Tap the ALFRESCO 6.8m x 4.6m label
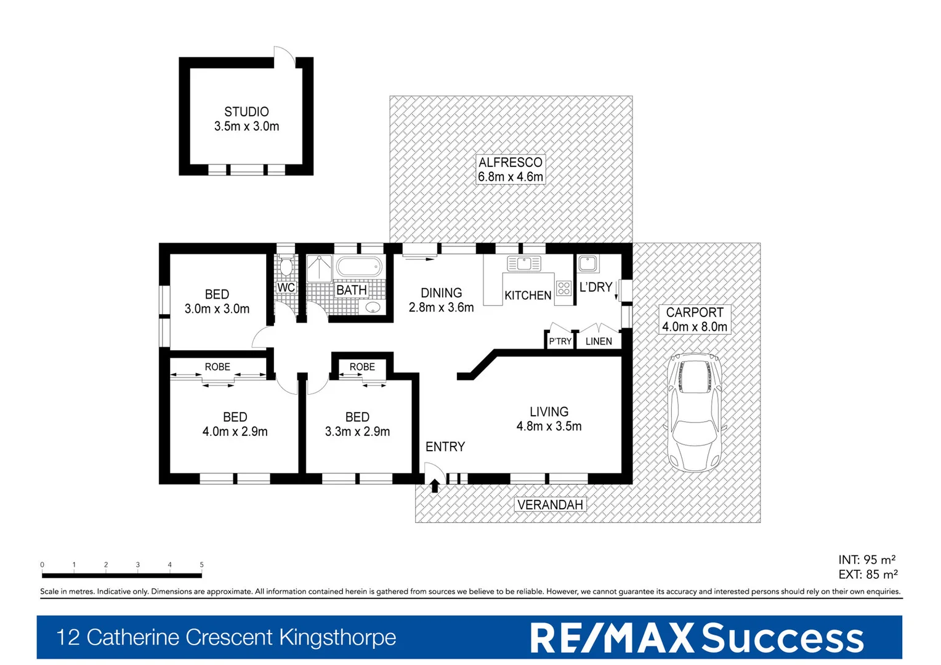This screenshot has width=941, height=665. tap(511, 169)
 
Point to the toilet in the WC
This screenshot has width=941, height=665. tap(286, 268)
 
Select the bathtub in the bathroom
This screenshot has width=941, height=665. tap(359, 267)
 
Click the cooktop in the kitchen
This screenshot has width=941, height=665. tap(563, 288)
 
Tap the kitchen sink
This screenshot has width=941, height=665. tap(523, 264)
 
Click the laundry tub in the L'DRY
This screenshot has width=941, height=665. tap(588, 264)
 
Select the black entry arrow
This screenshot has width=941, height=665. tap(434, 486)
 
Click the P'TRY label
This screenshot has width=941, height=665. tap(560, 341)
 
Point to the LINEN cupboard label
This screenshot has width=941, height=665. tap(599, 341)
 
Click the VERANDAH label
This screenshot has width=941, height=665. tap(550, 505)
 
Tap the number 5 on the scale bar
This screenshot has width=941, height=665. tap(201, 565)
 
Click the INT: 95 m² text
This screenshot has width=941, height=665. tap(866, 560)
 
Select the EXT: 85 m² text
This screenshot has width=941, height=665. tap(868, 574)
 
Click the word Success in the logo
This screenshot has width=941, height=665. tap(783, 638)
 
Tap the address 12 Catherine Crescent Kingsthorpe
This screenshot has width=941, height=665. tap(226, 637)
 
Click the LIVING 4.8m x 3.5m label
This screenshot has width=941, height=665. tap(549, 419)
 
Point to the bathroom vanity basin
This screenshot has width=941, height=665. tap(373, 307)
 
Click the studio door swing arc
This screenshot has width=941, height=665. tap(285, 53)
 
